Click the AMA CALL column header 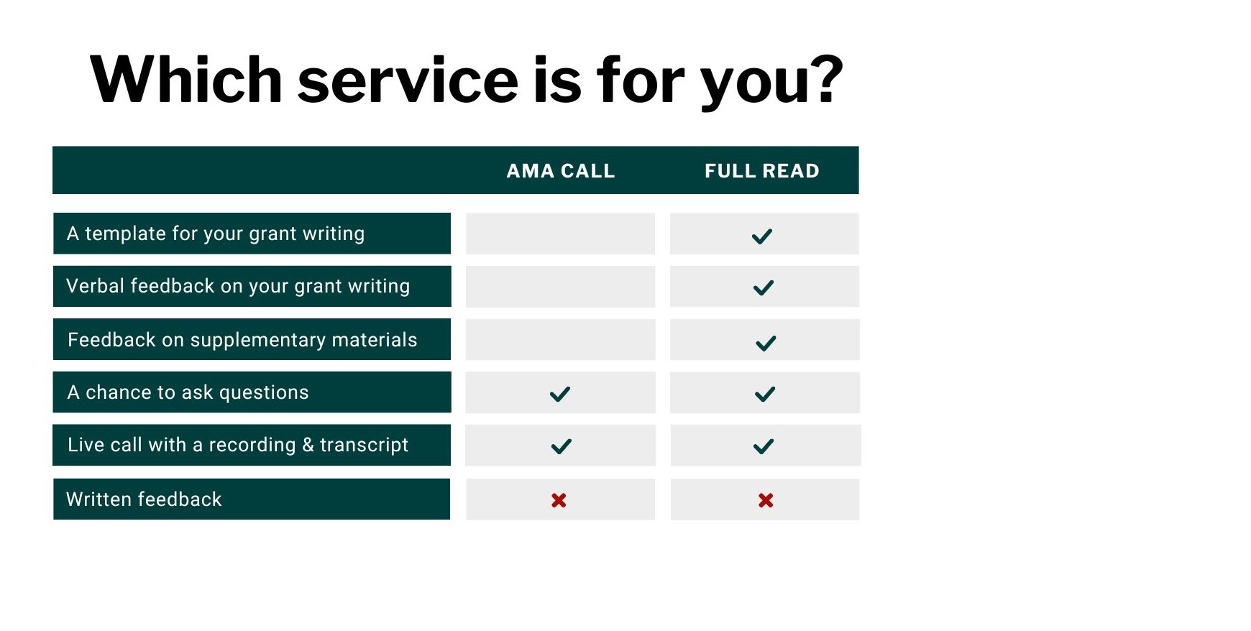point(561,171)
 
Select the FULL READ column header point(762,171)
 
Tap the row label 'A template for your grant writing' point(216,234)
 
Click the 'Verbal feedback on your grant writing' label point(238,286)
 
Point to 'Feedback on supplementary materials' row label point(242,339)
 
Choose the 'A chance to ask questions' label point(188,392)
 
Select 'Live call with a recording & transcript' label point(238,445)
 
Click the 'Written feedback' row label point(144,499)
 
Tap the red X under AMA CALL point(559,500)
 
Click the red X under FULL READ point(766,500)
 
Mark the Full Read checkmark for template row point(762,236)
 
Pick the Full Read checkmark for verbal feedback point(763,287)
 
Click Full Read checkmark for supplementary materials point(766,343)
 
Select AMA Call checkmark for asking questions point(559,394)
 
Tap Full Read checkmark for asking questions point(765,394)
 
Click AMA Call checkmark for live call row point(561,446)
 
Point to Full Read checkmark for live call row point(764,446)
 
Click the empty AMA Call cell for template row point(560,234)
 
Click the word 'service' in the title point(408,80)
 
